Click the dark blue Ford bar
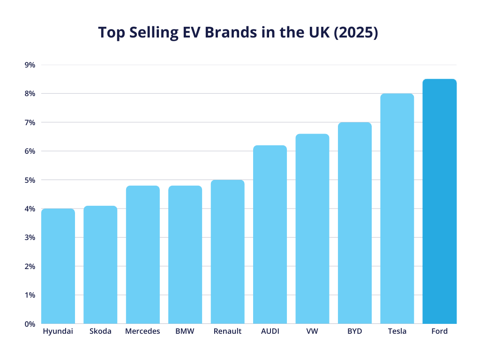(x=439, y=202)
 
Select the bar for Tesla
(x=397, y=209)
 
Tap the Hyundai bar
(x=58, y=266)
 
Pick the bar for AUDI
(x=270, y=234)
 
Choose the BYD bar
(x=355, y=223)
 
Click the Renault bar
(x=227, y=252)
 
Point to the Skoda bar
(x=100, y=265)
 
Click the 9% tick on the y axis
(x=30, y=65)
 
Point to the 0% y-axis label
(x=30, y=324)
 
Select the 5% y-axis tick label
(x=30, y=180)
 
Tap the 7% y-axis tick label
(x=30, y=122)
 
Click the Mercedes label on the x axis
(x=142, y=331)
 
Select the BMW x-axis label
(x=185, y=331)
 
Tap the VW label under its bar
(x=312, y=331)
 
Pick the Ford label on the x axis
(x=439, y=331)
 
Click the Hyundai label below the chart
(x=58, y=331)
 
